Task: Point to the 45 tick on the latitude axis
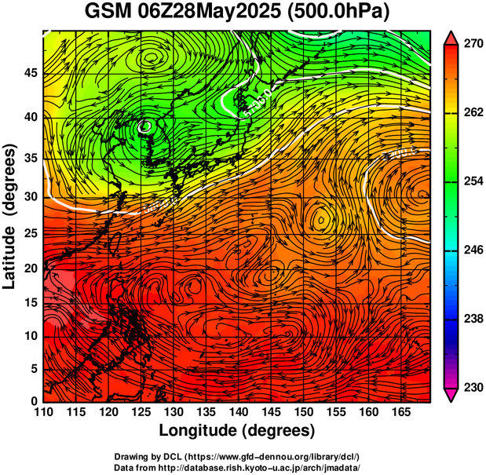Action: [30, 74]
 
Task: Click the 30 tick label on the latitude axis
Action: [30, 196]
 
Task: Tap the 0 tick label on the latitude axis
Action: [34, 401]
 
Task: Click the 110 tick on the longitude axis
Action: [43, 412]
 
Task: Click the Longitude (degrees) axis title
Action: [237, 430]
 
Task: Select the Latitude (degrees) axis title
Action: [11, 216]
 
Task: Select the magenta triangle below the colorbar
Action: [451, 395]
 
